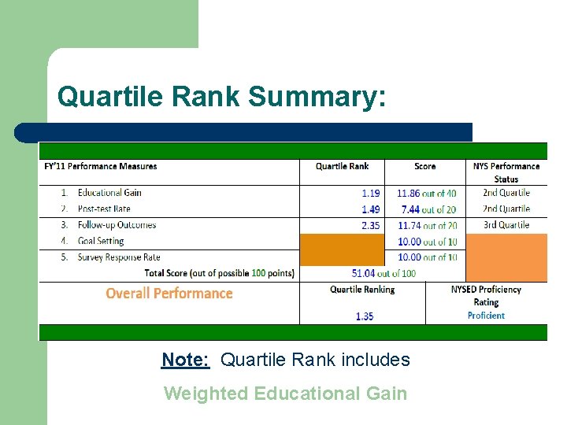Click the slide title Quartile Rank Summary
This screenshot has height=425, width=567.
(222, 97)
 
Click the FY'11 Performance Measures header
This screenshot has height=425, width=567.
(101, 166)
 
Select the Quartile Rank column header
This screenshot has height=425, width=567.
(342, 166)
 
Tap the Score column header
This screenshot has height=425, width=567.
(424, 166)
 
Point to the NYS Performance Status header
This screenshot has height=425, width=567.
(506, 172)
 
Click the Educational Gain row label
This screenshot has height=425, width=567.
(109, 193)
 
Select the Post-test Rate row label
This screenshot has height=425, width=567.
(104, 209)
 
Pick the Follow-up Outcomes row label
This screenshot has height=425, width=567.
(117, 225)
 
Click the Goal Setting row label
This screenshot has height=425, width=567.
(101, 242)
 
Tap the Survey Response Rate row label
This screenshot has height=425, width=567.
(119, 257)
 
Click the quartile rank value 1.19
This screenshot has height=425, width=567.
(371, 193)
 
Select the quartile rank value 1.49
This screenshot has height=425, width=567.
(371, 209)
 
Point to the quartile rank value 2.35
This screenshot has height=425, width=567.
(371, 225)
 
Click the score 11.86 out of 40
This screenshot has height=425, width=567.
(426, 193)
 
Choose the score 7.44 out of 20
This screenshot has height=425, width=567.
(428, 209)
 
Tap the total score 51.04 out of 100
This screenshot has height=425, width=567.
(384, 273)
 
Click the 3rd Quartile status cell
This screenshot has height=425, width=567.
(506, 225)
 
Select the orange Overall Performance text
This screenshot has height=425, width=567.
(169, 294)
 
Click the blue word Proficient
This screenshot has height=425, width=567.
(486, 316)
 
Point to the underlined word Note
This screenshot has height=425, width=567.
(185, 360)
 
